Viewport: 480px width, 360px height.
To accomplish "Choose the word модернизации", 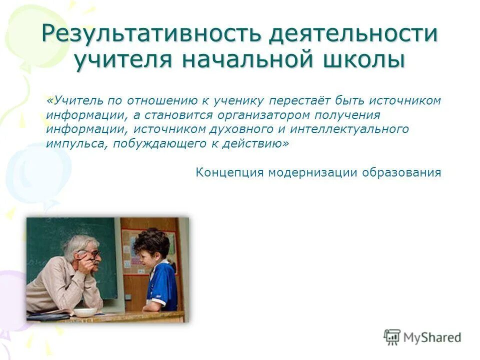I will pos(312,172).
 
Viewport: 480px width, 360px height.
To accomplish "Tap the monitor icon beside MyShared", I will pos(392,336).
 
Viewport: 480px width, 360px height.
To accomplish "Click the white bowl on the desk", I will pos(85,312).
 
